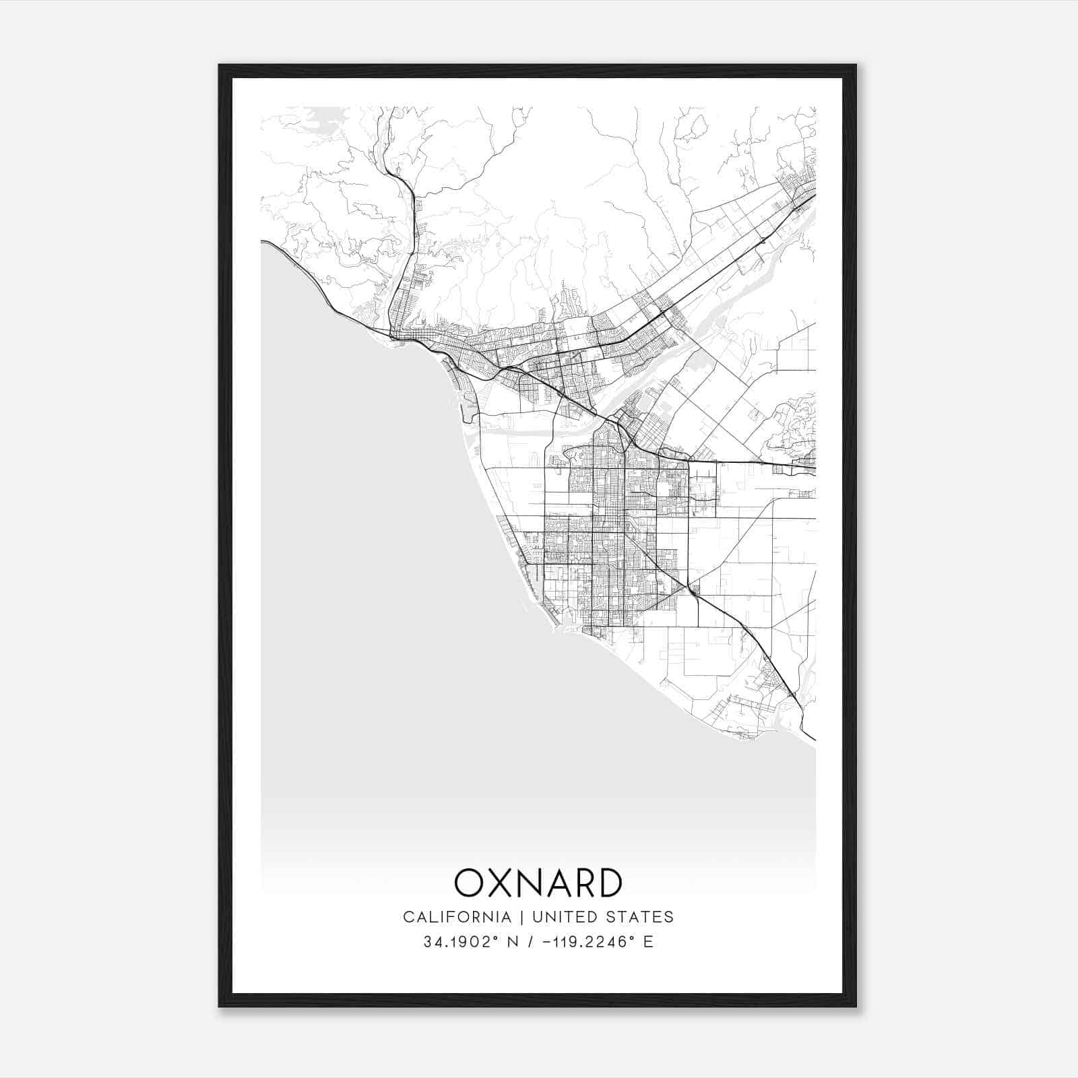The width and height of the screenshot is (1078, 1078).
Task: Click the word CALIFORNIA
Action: (456, 917)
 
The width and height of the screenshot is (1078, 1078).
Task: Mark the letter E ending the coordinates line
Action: (648, 942)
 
